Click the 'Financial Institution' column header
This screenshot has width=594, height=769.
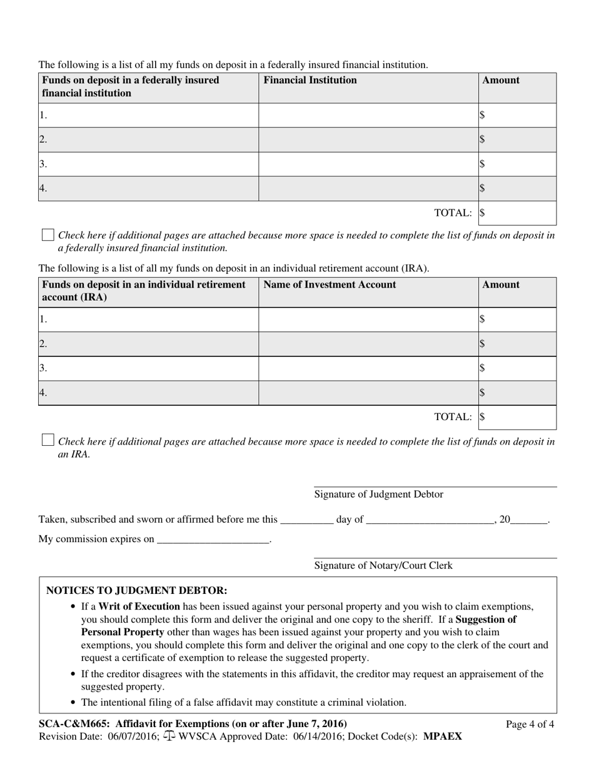point(310,81)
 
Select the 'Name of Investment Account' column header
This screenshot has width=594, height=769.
point(330,285)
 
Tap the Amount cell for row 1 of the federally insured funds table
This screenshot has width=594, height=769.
point(518,116)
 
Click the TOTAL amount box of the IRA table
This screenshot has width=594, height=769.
point(518,417)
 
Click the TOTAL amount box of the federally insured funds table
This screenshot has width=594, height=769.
point(518,213)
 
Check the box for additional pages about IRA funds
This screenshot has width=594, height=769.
point(48,440)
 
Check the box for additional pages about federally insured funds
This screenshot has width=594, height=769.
point(48,235)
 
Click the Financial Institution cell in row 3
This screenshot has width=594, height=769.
point(368,164)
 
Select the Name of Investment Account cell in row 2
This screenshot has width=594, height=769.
point(368,344)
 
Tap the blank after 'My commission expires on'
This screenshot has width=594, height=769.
point(213,540)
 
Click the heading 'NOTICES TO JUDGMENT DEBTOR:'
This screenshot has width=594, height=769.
point(137,591)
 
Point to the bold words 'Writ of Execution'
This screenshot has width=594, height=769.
point(139,606)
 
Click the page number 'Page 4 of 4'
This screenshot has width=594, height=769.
point(530,725)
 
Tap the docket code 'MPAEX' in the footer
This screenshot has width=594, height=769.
point(443,736)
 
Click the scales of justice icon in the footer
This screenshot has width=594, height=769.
point(169,736)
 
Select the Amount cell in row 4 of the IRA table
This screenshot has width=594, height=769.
point(518,393)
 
